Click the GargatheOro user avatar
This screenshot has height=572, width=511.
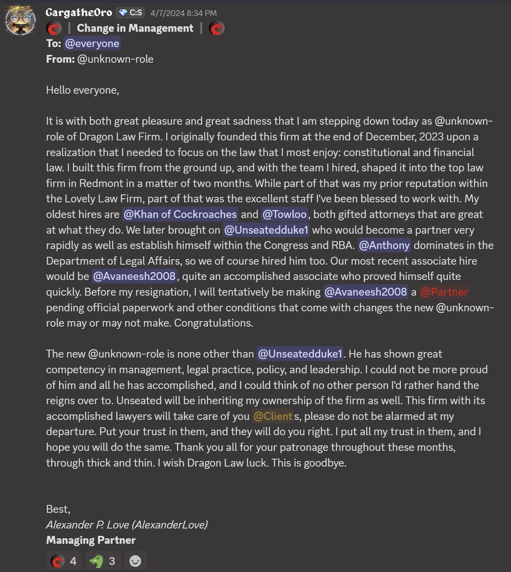click(x=20, y=20)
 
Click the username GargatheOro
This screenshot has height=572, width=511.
click(x=79, y=13)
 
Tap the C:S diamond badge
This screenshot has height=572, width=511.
click(x=130, y=13)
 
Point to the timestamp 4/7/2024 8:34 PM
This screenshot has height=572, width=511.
click(x=183, y=13)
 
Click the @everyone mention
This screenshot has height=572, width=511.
click(x=92, y=44)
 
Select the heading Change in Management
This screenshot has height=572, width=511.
click(x=135, y=28)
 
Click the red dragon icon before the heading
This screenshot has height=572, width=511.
click(x=54, y=28)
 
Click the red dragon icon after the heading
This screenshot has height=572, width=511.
click(x=216, y=28)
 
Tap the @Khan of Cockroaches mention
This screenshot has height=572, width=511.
click(x=180, y=214)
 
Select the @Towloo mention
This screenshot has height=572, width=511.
click(x=284, y=214)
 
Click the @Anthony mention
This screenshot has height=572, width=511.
click(x=384, y=245)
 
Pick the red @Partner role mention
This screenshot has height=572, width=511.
click(x=444, y=292)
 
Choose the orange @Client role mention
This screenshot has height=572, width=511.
click(x=273, y=416)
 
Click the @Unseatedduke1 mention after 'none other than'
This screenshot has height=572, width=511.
click(x=300, y=354)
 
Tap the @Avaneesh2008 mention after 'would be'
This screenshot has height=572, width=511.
click(x=134, y=276)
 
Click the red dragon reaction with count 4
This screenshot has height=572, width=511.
click(x=63, y=561)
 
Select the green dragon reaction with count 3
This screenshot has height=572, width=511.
click(x=102, y=561)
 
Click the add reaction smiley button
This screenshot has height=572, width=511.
click(x=135, y=561)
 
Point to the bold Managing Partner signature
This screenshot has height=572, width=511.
click(x=91, y=540)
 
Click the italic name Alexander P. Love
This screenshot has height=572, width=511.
click(x=87, y=525)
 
